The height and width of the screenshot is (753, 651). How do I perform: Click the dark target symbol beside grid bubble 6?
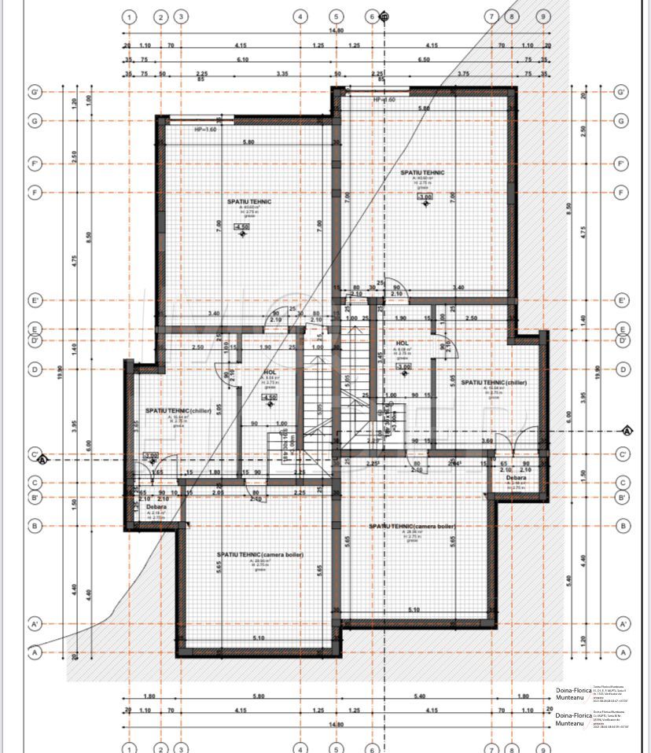click(x=384, y=16)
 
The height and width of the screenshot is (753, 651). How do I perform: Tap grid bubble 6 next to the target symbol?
click(x=372, y=17)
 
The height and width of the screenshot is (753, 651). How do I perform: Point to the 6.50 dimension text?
click(x=425, y=60)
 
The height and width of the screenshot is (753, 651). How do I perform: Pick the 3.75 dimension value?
click(x=462, y=74)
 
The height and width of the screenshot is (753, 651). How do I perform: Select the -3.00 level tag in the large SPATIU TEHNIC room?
click(x=425, y=197)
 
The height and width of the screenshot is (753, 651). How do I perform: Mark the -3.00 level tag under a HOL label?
click(x=403, y=366)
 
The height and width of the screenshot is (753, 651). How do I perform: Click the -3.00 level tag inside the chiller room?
click(x=150, y=455)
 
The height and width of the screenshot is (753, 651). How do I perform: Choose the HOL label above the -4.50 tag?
click(x=269, y=373)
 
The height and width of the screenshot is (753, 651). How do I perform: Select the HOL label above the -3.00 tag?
click(x=403, y=343)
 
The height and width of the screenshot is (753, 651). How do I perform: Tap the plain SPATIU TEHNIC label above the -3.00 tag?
click(x=422, y=173)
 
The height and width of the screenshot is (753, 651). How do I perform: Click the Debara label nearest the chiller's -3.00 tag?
click(x=156, y=507)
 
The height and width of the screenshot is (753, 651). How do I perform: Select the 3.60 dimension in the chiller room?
click(x=487, y=442)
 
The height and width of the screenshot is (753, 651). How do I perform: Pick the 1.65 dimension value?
click(x=158, y=472)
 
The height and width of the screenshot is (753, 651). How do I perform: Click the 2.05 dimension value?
click(x=218, y=493)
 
